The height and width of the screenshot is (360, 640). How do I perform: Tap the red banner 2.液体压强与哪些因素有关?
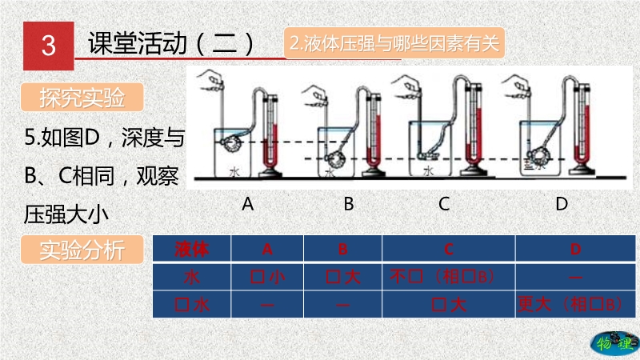[x=394, y=44]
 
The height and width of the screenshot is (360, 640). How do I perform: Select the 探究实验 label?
[x=82, y=98]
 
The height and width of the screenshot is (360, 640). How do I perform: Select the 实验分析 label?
[x=82, y=250]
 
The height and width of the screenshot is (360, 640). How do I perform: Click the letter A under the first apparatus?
[x=248, y=204]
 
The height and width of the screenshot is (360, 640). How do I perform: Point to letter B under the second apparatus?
[x=349, y=204]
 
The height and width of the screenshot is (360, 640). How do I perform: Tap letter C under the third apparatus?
[x=444, y=204]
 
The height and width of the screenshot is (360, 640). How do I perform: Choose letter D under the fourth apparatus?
[x=562, y=204]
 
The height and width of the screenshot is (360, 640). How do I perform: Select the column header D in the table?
[x=574, y=249]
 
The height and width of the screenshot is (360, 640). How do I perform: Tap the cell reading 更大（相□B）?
[x=570, y=304]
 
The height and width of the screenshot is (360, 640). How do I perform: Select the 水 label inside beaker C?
[x=429, y=170]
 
